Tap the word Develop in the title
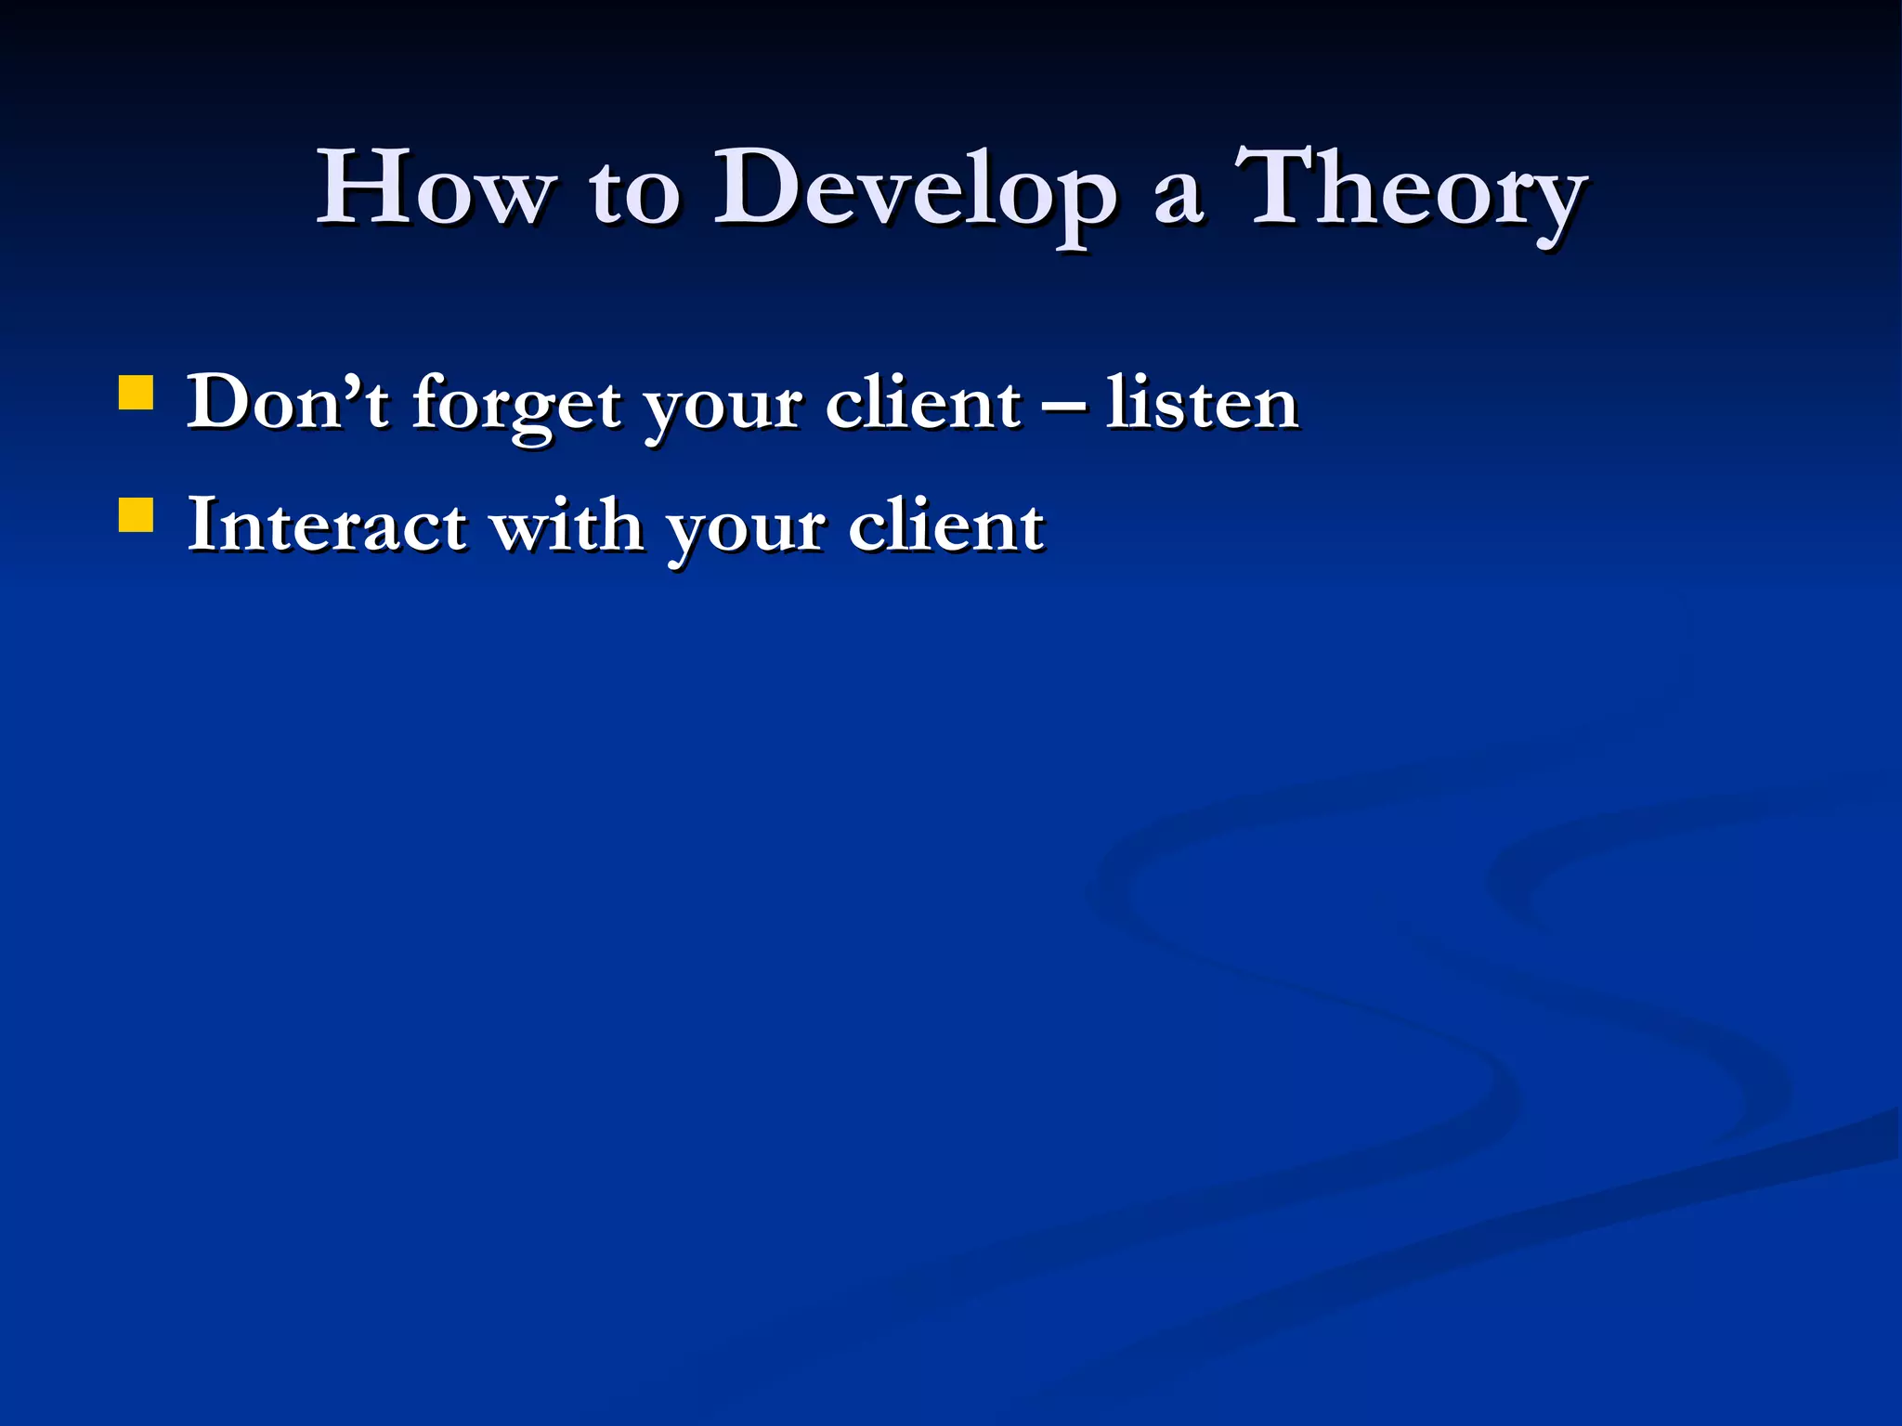[x=914, y=190]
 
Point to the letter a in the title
[x=1178, y=200]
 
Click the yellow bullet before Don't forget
[x=137, y=393]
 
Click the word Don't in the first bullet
[x=287, y=403]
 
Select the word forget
[x=516, y=407]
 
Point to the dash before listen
[x=1063, y=406]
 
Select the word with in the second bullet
[x=567, y=525]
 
